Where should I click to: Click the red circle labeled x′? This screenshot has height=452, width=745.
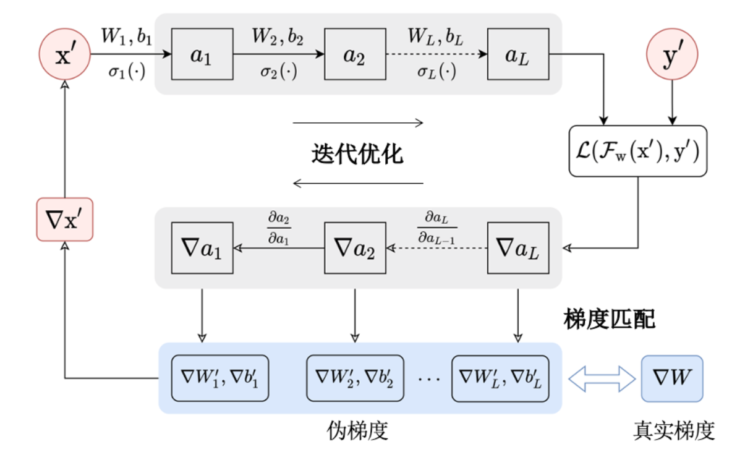pyautogui.click(x=64, y=54)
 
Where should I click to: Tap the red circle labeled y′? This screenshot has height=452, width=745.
pyautogui.click(x=672, y=54)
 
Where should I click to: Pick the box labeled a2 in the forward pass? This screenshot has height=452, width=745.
pyautogui.click(x=355, y=54)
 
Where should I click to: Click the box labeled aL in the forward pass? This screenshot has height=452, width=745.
pyautogui.click(x=518, y=54)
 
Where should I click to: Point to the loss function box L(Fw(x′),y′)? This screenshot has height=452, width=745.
pyautogui.click(x=637, y=151)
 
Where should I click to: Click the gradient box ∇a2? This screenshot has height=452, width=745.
pyautogui.click(x=355, y=248)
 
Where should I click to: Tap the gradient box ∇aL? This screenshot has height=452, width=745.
pyautogui.click(x=518, y=248)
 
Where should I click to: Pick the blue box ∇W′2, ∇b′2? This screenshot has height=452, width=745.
pyautogui.click(x=355, y=377)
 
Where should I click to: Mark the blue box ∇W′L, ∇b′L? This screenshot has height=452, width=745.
pyautogui.click(x=500, y=377)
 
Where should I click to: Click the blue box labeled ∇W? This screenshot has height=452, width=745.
pyautogui.click(x=672, y=377)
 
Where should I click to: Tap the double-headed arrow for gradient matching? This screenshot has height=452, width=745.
pyautogui.click(x=602, y=377)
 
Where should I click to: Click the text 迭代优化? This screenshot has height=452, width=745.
pyautogui.click(x=357, y=153)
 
